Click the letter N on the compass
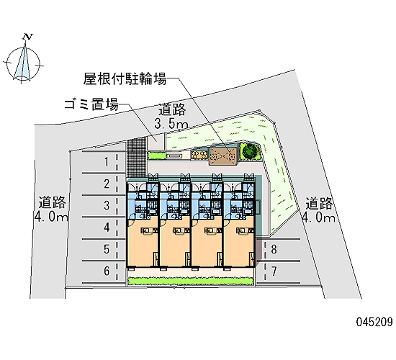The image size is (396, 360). [27, 37]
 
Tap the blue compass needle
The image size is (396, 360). [22, 63]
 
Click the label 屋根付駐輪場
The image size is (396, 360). [125, 78]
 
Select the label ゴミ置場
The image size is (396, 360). [91, 104]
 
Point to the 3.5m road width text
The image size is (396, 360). [171, 124]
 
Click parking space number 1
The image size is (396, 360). [107, 162]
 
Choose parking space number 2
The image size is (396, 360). [107, 184]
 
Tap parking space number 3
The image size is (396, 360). [107, 205]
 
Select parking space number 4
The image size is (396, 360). [107, 228]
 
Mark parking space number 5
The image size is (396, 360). [107, 249]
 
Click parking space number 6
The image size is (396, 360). [107, 271]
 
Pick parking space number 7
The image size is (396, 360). [274, 271]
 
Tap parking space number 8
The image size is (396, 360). [274, 249]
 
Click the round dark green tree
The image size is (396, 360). [251, 150]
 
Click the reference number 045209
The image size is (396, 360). [374, 322]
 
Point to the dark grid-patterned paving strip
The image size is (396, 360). [137, 158]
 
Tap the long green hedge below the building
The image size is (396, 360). [190, 281]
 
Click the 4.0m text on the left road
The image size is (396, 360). [52, 217]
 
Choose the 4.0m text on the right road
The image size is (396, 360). [319, 217]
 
